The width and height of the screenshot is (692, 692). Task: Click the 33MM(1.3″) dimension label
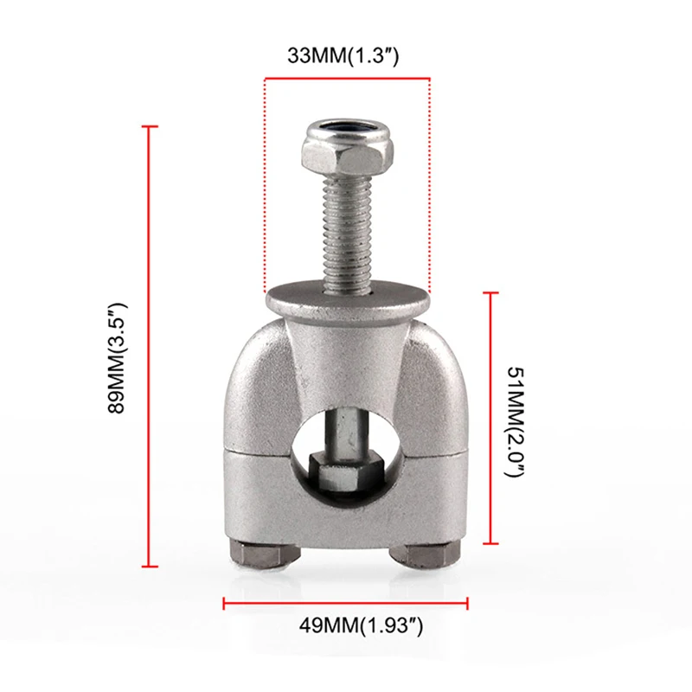click(346, 56)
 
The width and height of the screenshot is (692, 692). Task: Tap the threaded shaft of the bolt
click(346, 229)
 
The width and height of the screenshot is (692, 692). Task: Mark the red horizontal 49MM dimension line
click(346, 602)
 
